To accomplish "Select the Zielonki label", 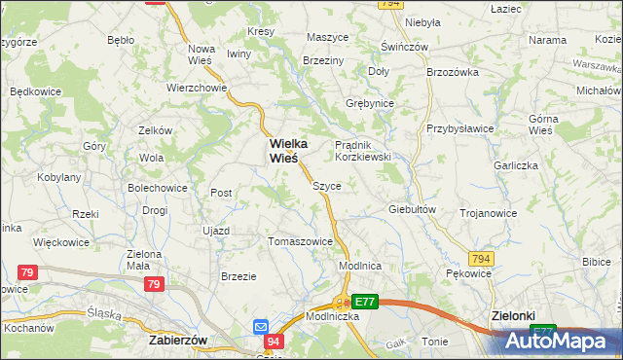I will coord(513,316).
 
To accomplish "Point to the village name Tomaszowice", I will coord(300,241).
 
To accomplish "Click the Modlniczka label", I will coord(307,317).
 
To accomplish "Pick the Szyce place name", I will coord(326,185).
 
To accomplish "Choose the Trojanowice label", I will coord(488,212).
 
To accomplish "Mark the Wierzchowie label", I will coord(197,86).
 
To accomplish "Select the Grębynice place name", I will coord(370,102).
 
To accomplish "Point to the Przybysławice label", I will coord(459,128).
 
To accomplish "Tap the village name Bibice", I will coord(596,262).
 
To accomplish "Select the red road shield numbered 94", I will coord(273,342).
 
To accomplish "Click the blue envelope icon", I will coord(261,326).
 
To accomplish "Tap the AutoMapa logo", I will coord(559,341).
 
